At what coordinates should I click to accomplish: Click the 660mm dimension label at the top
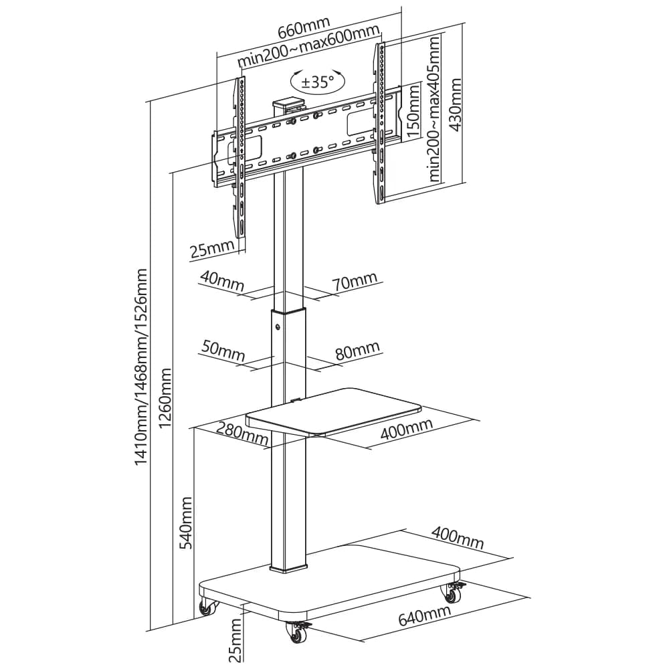click(304, 27)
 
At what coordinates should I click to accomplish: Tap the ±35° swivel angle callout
click(317, 81)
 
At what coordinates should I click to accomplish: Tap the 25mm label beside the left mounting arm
click(212, 248)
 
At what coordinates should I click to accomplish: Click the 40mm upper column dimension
click(221, 280)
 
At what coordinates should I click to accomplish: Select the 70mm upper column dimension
click(355, 281)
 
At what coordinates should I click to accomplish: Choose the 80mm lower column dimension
click(357, 351)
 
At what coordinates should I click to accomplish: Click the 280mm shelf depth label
click(242, 434)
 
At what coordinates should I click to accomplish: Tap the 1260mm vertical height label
click(165, 397)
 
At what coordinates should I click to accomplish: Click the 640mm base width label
click(424, 615)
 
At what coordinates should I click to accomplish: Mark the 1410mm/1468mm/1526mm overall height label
click(140, 367)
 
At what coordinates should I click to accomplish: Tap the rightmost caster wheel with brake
click(454, 593)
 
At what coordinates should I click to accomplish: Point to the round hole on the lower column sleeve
click(278, 327)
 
